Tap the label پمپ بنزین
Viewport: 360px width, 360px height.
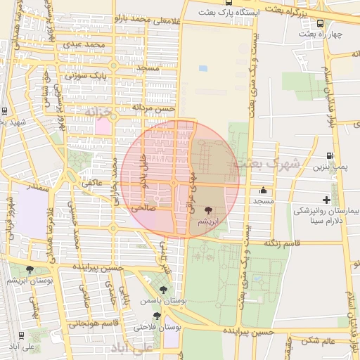tap(330, 167)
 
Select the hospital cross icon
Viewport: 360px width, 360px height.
tap(326, 200)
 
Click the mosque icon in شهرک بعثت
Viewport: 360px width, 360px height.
tap(264, 190)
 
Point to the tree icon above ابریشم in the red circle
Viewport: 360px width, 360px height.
tap(208, 210)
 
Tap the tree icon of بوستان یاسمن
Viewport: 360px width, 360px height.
tap(164, 289)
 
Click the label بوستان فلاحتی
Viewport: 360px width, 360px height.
tap(157, 327)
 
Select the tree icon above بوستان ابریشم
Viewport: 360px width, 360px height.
tap(29, 269)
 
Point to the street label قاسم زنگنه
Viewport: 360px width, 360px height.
tap(281, 243)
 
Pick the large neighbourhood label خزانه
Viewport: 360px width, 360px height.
tap(98, 111)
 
